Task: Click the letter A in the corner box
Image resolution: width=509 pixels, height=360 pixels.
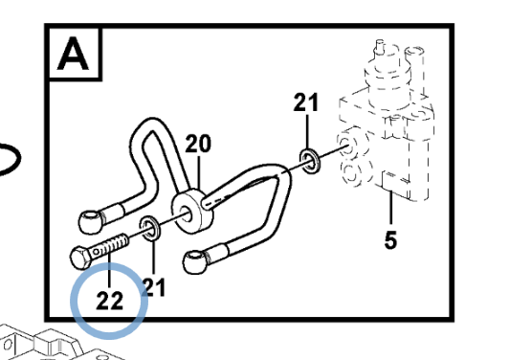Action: pos(73,54)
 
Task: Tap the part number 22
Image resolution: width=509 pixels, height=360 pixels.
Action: pos(110,301)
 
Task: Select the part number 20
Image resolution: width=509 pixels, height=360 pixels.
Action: pos(198,144)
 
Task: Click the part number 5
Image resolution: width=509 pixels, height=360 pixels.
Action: pos(390,240)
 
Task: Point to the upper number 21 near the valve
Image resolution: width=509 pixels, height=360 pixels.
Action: pos(306,102)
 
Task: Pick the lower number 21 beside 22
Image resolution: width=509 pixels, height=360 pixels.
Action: pos(153,287)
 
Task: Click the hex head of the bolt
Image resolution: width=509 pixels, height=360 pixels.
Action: pos(80,258)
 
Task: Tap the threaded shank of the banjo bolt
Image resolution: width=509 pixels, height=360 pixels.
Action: pos(111,246)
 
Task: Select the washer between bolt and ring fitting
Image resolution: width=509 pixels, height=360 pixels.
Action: pos(149,228)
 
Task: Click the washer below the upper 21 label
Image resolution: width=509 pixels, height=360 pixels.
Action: pos(310,161)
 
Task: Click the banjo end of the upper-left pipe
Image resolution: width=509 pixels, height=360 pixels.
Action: pos(91,222)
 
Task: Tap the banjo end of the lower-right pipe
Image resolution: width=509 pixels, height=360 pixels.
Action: pos(195,261)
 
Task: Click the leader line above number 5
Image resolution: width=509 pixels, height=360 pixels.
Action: pos(391,208)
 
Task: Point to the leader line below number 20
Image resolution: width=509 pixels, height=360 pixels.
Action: pos(199,173)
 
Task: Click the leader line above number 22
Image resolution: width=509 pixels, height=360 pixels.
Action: pos(109,270)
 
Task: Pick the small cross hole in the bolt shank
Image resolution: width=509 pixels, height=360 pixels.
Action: pos(97,252)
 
